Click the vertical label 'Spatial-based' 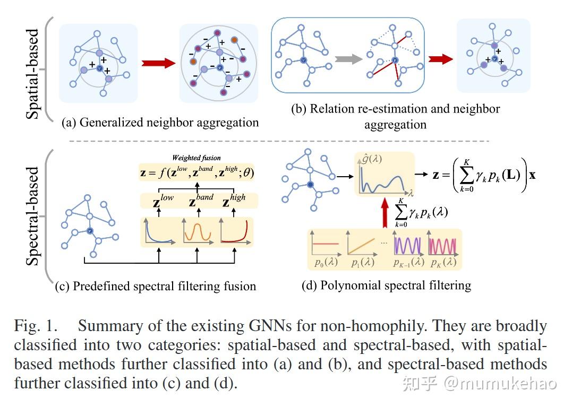(x=32, y=69)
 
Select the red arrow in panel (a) (x=158, y=63)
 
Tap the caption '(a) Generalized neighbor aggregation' (x=160, y=123)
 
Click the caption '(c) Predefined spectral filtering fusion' (x=155, y=287)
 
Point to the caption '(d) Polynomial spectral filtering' (x=386, y=285)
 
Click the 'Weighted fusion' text (x=196, y=158)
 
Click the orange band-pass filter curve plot (x=198, y=233)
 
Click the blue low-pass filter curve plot (x=160, y=233)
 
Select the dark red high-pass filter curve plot (x=235, y=233)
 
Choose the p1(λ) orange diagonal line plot (x=361, y=245)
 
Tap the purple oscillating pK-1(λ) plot (x=408, y=245)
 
